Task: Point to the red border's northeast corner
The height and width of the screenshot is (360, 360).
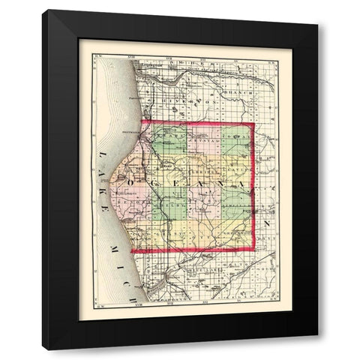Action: coord(253,122)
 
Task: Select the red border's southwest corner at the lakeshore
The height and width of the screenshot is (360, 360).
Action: coord(131,251)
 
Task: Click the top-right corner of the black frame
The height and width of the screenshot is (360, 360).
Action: coord(317,25)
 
